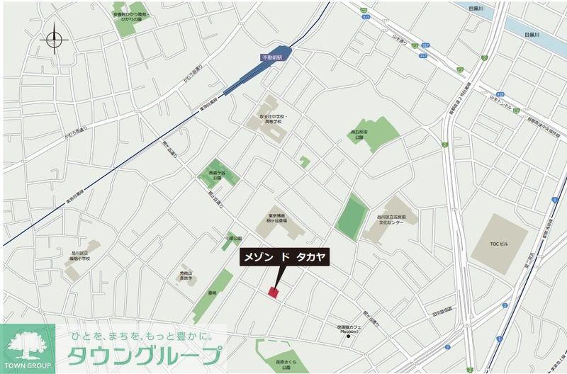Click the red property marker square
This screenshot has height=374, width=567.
(x=274, y=292)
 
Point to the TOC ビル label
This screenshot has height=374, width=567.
(x=499, y=244)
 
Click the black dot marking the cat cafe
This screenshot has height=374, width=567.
(x=348, y=336)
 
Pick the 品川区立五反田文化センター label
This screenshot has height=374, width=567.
(x=391, y=220)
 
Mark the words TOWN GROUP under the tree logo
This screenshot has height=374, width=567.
(x=28, y=365)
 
